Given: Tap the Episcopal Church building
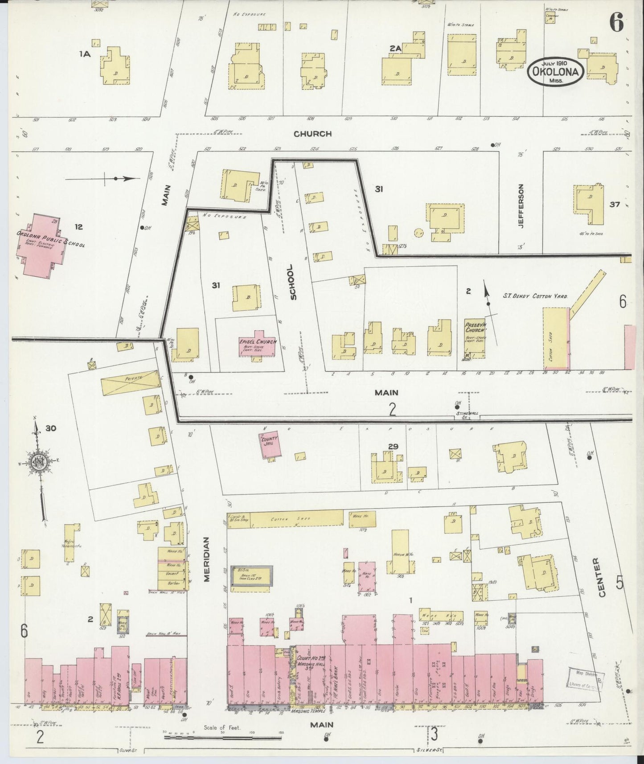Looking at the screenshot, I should point(258,344).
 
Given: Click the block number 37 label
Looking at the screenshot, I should point(615,205).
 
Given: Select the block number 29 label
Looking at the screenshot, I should point(393,446).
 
